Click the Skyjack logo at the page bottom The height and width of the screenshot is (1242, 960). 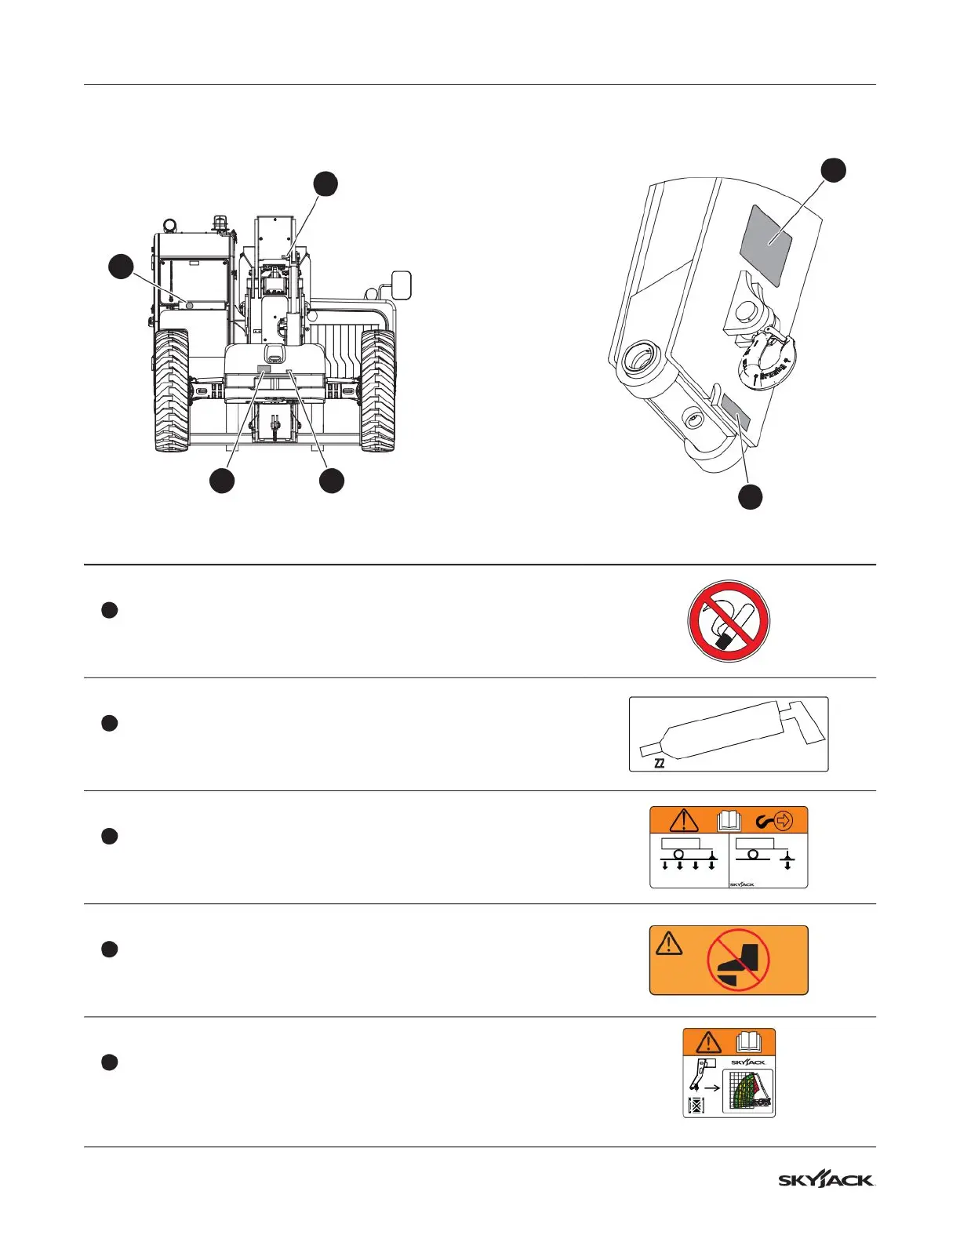[x=826, y=1180]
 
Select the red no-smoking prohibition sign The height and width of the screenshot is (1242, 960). [x=729, y=621]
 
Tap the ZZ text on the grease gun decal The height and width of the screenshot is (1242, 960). [x=660, y=763]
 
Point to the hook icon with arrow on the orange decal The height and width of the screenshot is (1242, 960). [x=775, y=821]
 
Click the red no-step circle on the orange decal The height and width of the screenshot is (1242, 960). [x=738, y=961]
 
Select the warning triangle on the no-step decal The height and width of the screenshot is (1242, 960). [x=669, y=942]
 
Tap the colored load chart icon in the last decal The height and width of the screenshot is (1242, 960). [x=747, y=1090]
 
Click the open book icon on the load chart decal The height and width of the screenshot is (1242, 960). [x=749, y=1042]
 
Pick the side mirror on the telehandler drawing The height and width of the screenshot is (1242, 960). [x=401, y=285]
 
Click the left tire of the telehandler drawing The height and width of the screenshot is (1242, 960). [x=172, y=390]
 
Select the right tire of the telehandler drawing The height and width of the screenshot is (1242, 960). [x=377, y=390]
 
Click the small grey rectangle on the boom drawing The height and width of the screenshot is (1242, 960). [x=736, y=413]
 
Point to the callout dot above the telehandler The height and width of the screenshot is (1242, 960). [x=325, y=183]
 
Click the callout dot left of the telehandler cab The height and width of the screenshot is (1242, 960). [x=120, y=267]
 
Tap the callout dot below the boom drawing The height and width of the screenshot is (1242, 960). [x=751, y=496]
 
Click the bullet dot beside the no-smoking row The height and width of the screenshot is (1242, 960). [x=110, y=610]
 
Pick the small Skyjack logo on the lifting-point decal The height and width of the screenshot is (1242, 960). [x=742, y=884]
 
